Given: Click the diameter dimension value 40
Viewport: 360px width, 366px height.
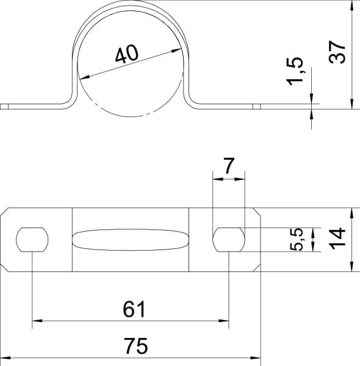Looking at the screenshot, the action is (x=127, y=54).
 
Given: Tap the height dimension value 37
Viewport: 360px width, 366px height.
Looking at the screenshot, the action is (x=337, y=52).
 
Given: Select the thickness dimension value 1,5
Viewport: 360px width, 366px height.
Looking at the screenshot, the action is (x=295, y=71).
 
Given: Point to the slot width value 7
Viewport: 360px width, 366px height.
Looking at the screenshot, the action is (x=229, y=166).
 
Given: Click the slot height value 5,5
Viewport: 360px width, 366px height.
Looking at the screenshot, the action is (x=297, y=240).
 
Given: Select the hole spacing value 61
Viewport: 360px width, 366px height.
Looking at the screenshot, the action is (x=134, y=309).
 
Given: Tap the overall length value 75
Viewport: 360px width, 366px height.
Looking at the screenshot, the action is (x=135, y=346).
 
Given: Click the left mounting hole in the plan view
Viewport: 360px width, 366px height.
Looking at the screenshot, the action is (x=32, y=240).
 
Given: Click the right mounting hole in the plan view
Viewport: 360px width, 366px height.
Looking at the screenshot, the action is (x=229, y=240).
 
